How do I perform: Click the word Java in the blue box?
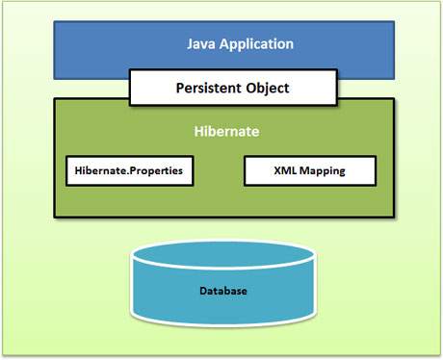click(202, 44)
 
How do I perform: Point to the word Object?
click(267, 88)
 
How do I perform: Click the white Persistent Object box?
click(233, 88)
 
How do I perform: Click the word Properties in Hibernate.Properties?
click(154, 171)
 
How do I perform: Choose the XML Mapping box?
click(310, 171)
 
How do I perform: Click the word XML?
click(283, 171)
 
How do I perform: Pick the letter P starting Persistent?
click(180, 88)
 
